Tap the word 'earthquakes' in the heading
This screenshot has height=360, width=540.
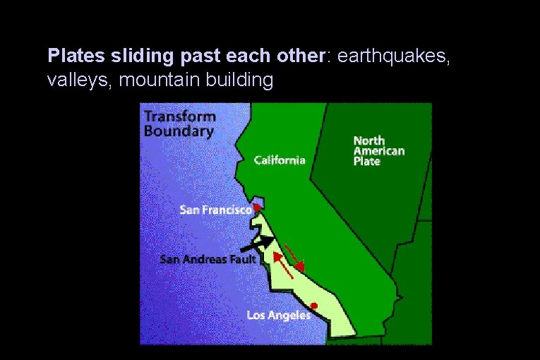(393, 56)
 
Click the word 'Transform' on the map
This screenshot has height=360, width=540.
(179, 117)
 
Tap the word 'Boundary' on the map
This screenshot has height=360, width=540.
(178, 131)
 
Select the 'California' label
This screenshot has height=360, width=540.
(280, 160)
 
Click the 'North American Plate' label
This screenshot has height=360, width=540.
(378, 151)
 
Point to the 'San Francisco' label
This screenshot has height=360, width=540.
(215, 210)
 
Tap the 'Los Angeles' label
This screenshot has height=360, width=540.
(278, 315)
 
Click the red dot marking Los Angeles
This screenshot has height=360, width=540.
(314, 306)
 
